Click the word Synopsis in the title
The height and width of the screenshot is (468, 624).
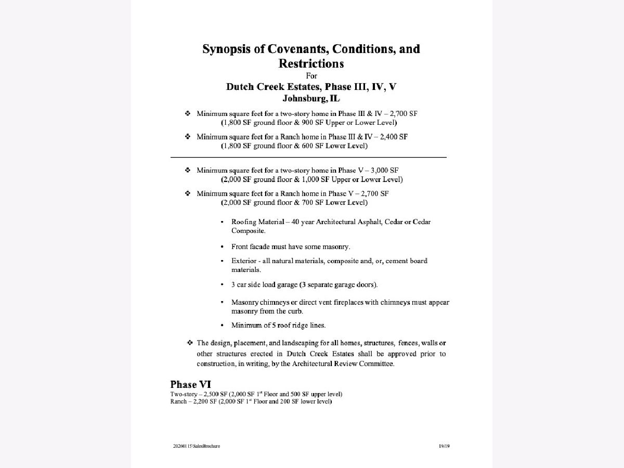coord(228,49)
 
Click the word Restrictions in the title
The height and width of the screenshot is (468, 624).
coord(311,64)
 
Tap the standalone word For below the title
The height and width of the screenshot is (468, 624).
coord(311,76)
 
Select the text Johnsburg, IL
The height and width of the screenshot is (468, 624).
coord(311,98)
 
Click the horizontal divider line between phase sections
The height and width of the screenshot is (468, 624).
coord(308,157)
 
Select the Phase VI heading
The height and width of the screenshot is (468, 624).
coord(190,385)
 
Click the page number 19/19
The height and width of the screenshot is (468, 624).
coord(444,446)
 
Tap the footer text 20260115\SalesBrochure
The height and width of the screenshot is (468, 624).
coord(197,446)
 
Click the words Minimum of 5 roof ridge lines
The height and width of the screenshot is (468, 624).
coord(279,326)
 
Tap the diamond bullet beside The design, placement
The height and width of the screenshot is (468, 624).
coord(189,343)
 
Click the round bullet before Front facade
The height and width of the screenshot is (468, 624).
coord(222,246)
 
